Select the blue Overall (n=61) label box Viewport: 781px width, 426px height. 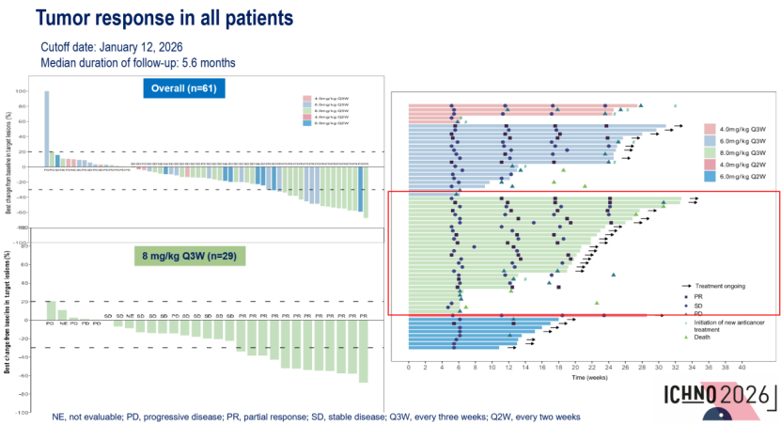(x=184, y=89)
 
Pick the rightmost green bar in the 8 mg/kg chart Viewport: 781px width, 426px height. (x=363, y=351)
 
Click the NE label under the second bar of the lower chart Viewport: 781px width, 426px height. (x=62, y=323)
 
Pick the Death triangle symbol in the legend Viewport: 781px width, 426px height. (x=687, y=337)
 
